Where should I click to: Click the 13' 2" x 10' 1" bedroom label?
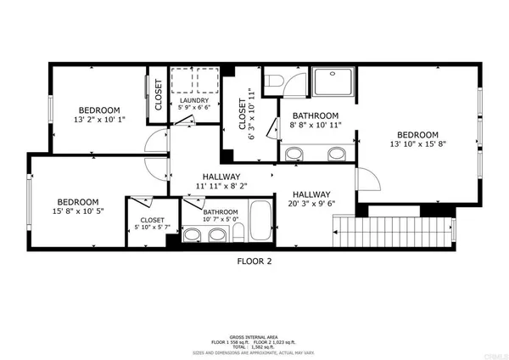coord(99,115)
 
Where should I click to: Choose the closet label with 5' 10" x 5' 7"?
coord(152,224)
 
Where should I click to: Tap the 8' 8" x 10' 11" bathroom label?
coord(316,121)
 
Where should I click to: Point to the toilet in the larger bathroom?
coord(272,83)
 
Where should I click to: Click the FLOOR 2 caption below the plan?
coord(254,262)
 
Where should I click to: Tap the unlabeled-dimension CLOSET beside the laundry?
coord(158,95)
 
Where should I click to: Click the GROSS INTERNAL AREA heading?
coord(255,337)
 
